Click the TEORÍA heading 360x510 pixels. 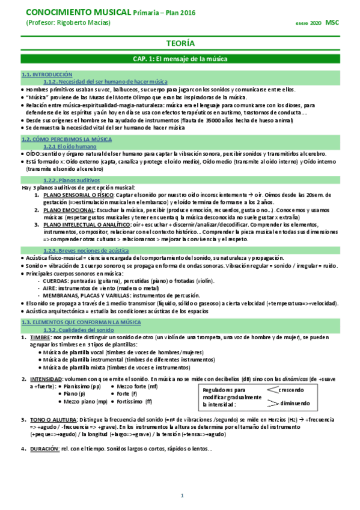click(x=180, y=43)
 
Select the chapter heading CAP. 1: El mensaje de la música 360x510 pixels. click(x=180, y=59)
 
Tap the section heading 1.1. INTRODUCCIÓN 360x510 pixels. click(x=43, y=74)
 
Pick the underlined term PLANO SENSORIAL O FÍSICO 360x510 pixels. click(x=79, y=195)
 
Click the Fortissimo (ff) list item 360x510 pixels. click(x=135, y=401)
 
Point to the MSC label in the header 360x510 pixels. click(x=332, y=22)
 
